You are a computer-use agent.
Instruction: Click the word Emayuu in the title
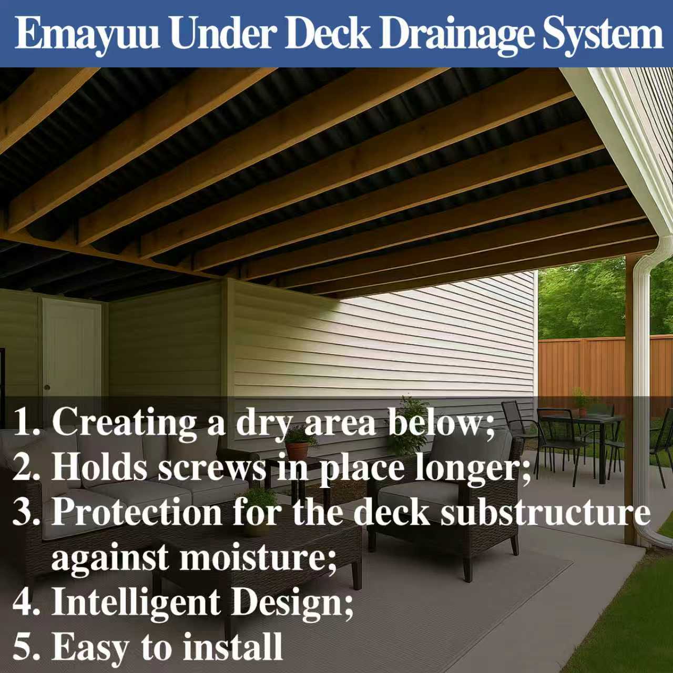87,34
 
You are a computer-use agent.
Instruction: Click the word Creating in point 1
124,422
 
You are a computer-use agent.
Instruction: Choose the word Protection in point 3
137,512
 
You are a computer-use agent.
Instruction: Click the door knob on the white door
47,388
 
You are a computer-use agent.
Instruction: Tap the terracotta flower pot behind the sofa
298,450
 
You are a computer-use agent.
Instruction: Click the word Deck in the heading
329,34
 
